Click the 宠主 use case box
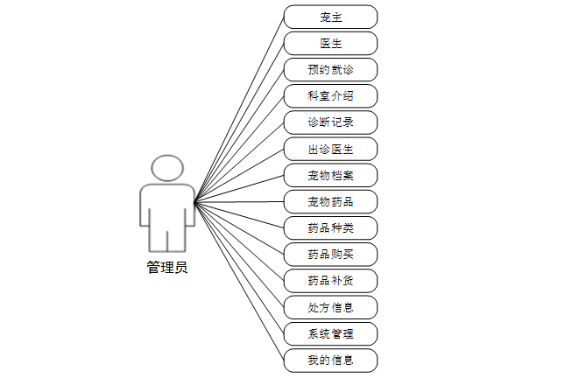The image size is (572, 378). tap(330, 17)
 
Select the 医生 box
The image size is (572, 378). tap(330, 43)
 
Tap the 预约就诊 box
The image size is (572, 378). tap(330, 69)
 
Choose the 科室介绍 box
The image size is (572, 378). tap(330, 95)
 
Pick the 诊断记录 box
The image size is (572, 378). tap(330, 122)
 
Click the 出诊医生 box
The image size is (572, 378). tap(330, 149)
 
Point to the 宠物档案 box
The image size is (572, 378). tap(330, 175)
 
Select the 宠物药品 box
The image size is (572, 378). tap(330, 201)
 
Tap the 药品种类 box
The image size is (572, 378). tap(330, 227)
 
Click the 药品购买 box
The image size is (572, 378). tap(330, 255)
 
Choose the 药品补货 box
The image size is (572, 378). tap(330, 281)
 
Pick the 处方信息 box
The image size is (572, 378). tap(330, 307)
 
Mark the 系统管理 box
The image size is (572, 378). tap(330, 333)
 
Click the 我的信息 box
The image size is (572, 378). tap(330, 360)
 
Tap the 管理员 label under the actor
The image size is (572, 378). tap(166, 268)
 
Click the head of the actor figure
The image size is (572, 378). tap(166, 168)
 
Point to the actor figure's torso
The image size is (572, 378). tap(166, 206)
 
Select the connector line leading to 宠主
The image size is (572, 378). tap(239, 108)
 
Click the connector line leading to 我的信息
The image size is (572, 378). tap(239, 282)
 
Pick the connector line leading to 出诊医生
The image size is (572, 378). tap(239, 175)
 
